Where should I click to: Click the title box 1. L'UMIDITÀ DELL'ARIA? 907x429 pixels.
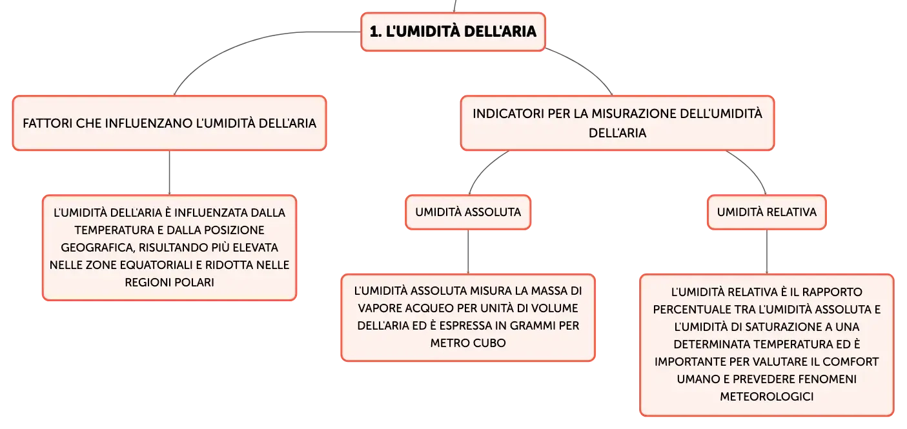tap(453, 32)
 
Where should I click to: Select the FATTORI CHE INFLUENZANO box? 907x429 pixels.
tap(169, 123)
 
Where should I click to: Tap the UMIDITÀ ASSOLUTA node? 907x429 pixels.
tap(468, 212)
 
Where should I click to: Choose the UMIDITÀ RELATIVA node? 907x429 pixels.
tap(766, 212)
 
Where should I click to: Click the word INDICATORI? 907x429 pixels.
tap(508, 114)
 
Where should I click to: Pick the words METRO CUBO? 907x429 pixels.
tap(468, 343)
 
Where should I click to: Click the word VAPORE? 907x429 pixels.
tap(380, 308)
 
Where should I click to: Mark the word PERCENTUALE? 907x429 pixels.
tap(692, 310)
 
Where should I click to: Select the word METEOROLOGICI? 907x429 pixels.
tap(766, 397)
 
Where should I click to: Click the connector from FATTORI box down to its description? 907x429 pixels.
tap(169, 173)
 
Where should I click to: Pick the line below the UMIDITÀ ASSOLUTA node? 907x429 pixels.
tap(468, 252)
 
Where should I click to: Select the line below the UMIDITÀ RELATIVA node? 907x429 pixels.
tap(766, 252)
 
